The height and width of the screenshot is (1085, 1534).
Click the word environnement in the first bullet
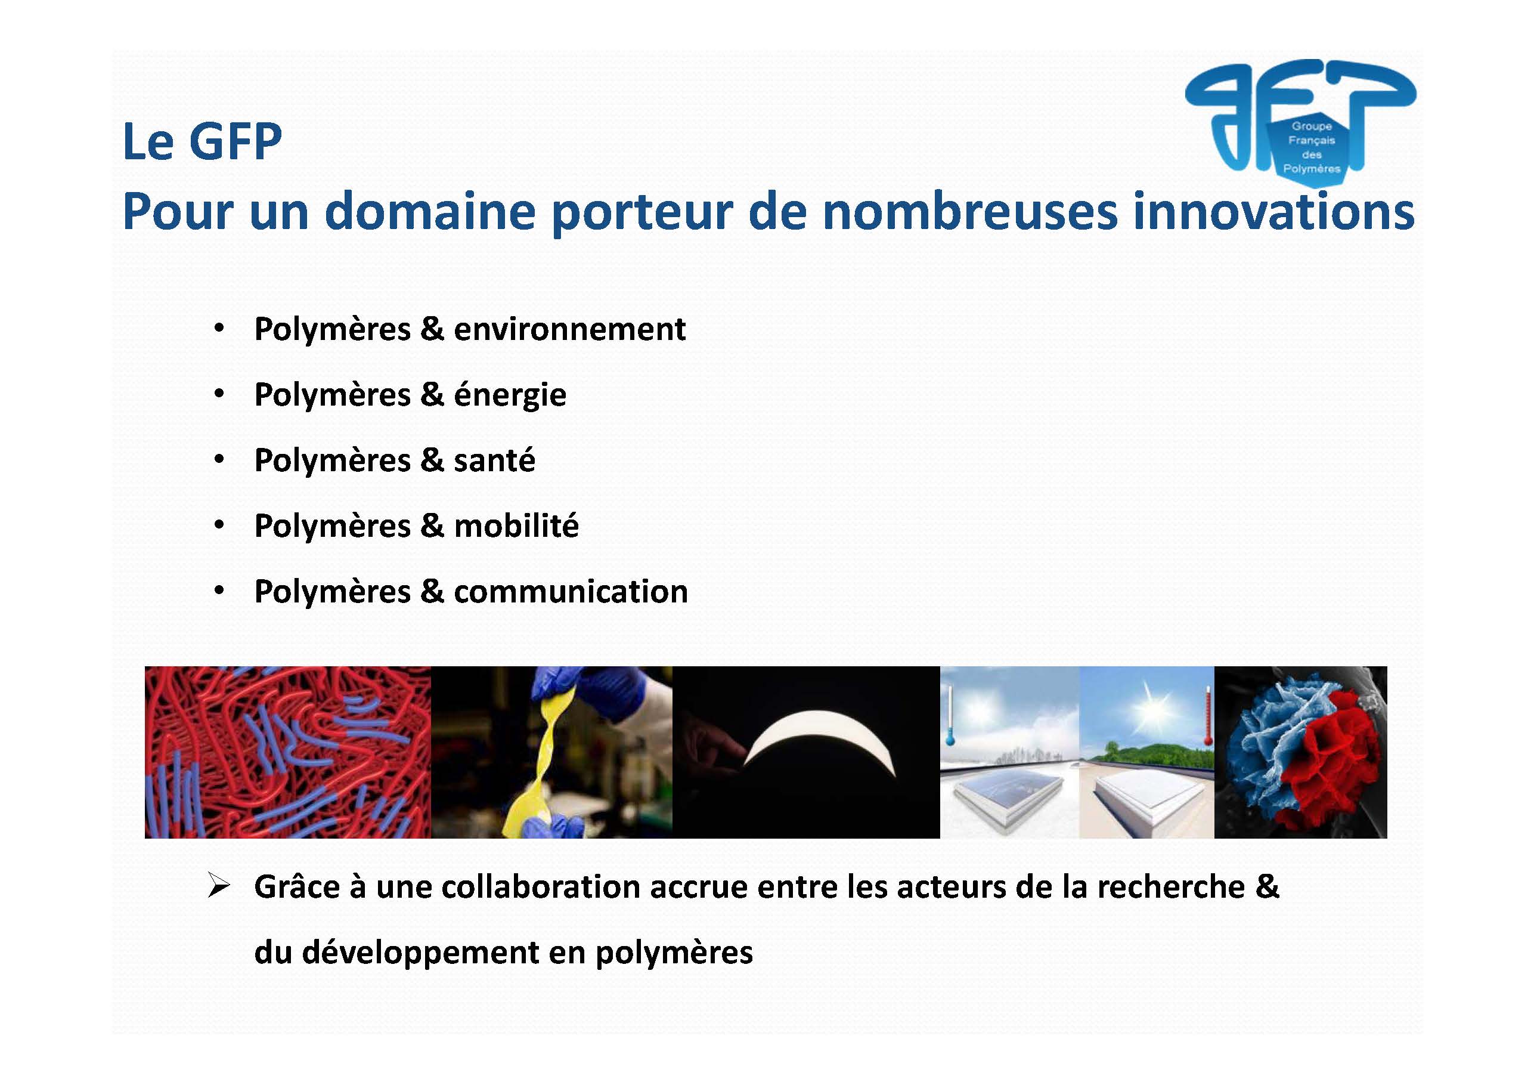click(570, 329)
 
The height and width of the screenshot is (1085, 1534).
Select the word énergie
click(510, 395)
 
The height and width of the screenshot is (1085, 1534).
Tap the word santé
click(494, 460)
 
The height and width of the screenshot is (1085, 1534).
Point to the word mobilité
click(516, 526)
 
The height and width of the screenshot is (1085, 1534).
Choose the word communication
click(571, 592)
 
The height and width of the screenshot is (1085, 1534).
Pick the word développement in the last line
click(420, 953)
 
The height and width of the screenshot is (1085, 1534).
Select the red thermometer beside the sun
click(1207, 716)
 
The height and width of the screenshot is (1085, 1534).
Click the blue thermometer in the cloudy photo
click(949, 716)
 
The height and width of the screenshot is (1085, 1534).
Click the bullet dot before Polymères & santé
click(218, 460)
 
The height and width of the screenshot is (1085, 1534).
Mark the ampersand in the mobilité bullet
click(432, 526)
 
